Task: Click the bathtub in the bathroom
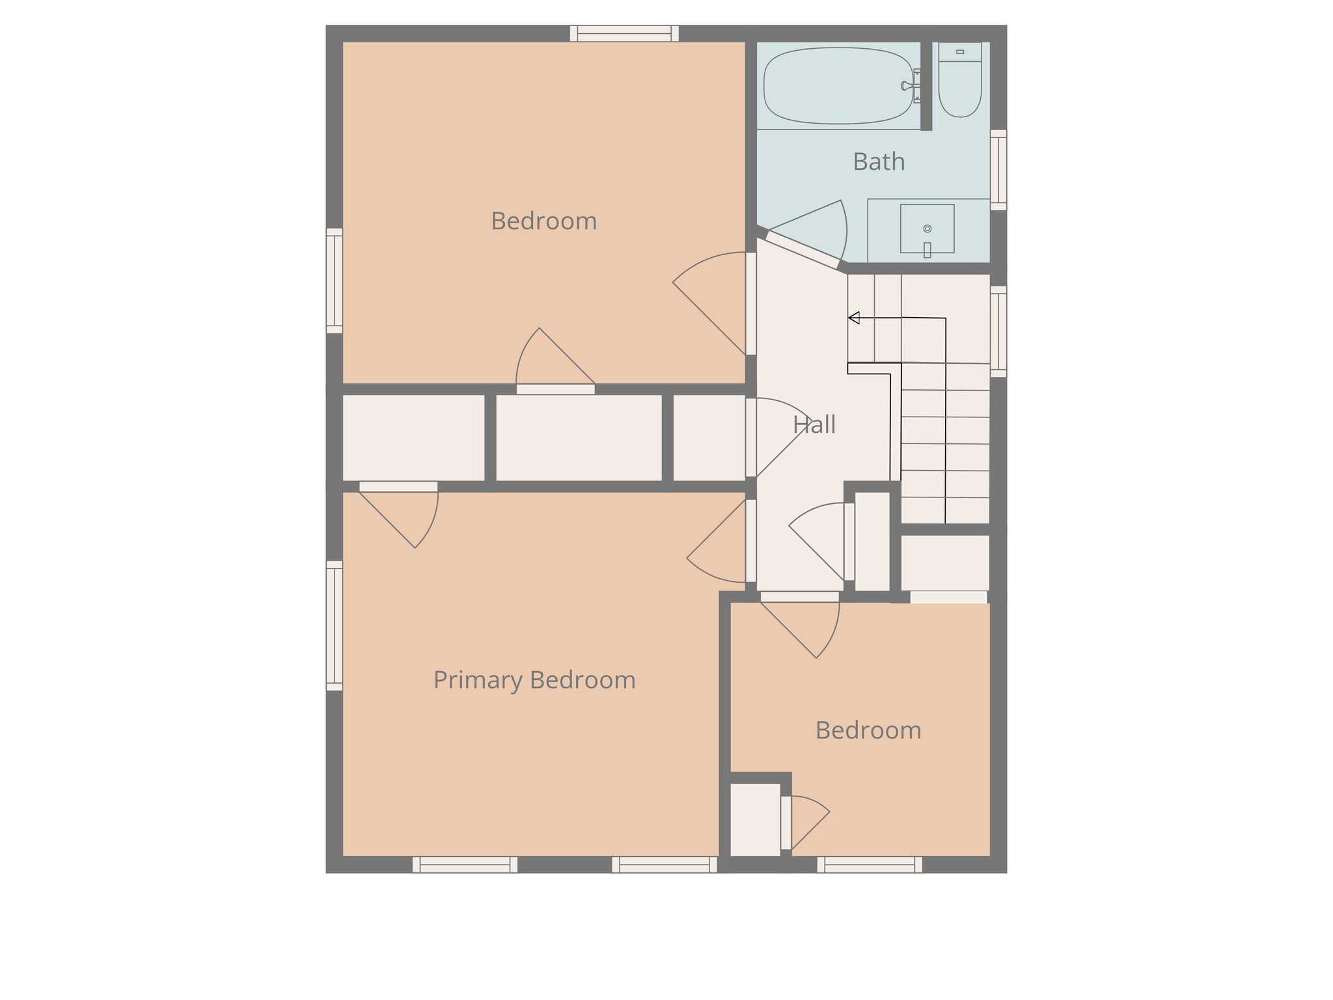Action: [838, 86]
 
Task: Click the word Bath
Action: [879, 162]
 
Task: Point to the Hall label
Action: [814, 425]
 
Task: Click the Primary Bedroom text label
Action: [534, 680]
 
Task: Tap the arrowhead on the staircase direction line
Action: [854, 318]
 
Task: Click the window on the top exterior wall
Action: [624, 33]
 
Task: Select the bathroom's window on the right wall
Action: [998, 170]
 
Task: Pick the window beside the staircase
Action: [998, 331]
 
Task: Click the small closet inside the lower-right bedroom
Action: [754, 820]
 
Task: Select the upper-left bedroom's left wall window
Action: [334, 281]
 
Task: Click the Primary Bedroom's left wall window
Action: [334, 626]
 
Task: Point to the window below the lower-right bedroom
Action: [870, 865]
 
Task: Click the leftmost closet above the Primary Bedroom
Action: [413, 437]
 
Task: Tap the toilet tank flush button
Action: [960, 51]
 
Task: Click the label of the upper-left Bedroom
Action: [543, 221]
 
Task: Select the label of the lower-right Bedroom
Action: [868, 730]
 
